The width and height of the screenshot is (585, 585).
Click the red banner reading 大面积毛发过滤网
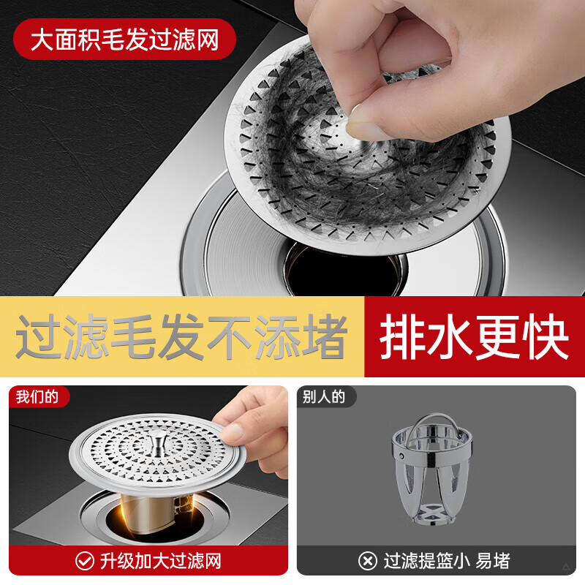tap(124, 39)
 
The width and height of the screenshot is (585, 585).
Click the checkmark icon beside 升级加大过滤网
tap(85, 561)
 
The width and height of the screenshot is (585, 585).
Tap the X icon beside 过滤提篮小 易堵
tap(368, 561)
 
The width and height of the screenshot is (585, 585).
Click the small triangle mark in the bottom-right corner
tap(567, 567)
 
